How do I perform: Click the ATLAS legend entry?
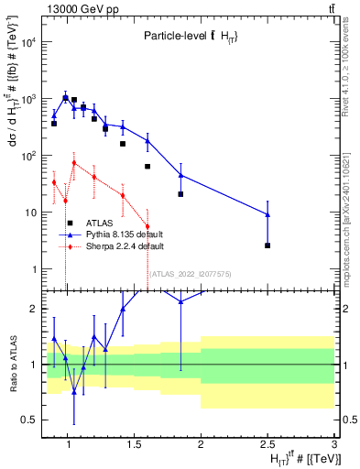(x=99, y=223)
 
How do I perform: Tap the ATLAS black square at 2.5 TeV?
(x=267, y=245)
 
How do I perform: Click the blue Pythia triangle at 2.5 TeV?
(x=267, y=214)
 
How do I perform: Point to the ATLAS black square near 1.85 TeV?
(x=180, y=194)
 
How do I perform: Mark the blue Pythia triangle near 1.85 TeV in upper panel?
(x=180, y=174)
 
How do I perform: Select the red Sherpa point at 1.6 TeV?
(x=147, y=226)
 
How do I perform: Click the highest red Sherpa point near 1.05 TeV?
(x=74, y=163)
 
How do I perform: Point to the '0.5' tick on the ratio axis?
(x=31, y=420)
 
